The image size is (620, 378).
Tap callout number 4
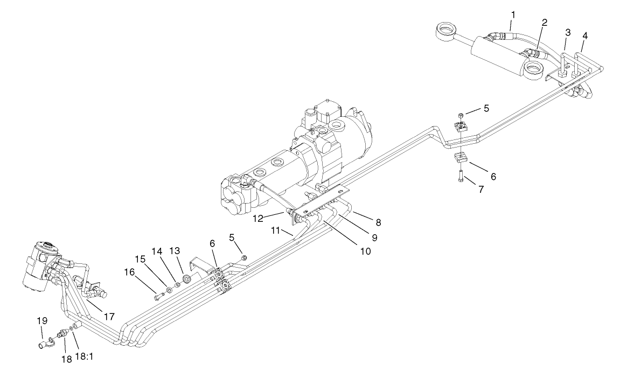pyautogui.click(x=584, y=36)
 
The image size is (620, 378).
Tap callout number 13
pyautogui.click(x=175, y=251)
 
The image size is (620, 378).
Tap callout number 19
pyautogui.click(x=42, y=321)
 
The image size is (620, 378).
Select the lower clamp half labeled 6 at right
pyautogui.click(x=461, y=158)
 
